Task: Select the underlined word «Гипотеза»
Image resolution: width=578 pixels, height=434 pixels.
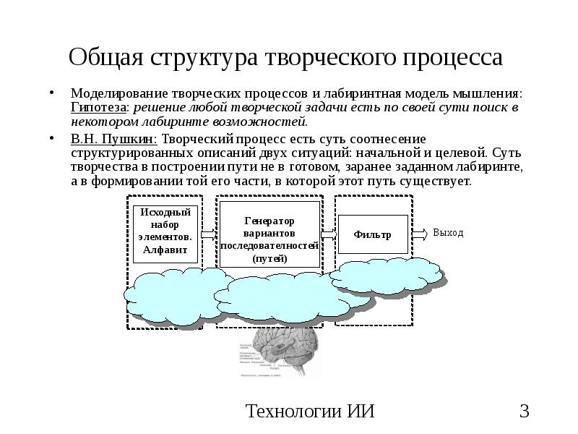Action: pyautogui.click(x=99, y=106)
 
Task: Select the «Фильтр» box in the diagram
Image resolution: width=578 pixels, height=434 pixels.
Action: pyautogui.click(x=373, y=234)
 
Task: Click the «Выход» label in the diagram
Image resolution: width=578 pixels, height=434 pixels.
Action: pyautogui.click(x=448, y=233)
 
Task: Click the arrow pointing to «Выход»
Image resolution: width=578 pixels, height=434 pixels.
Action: pyautogui.click(x=419, y=234)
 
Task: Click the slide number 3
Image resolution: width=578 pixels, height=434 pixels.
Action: pyautogui.click(x=525, y=412)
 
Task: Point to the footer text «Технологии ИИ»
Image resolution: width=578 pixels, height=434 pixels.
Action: pyautogui.click(x=310, y=412)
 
